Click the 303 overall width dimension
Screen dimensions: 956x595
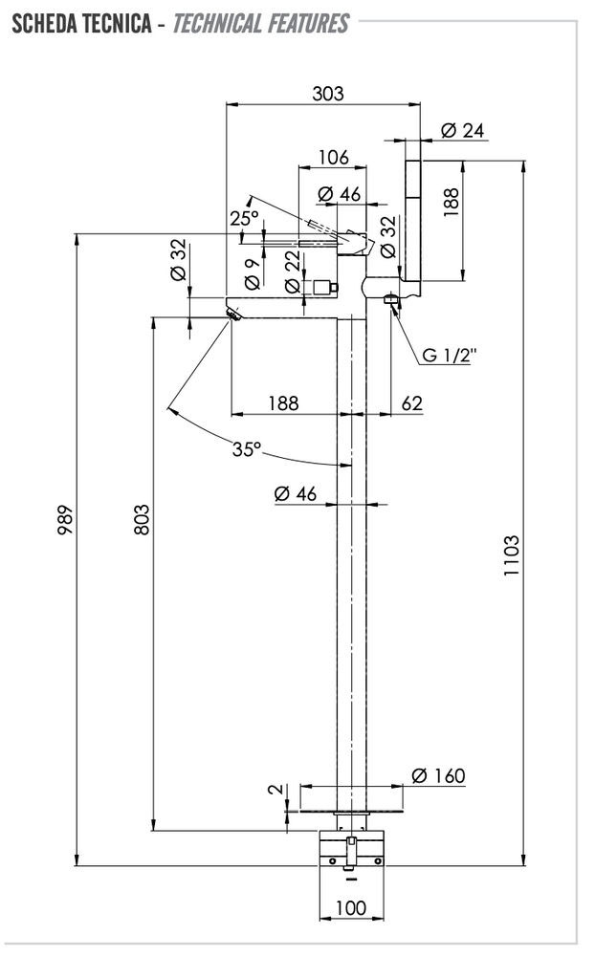[327, 94]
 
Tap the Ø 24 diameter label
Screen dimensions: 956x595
[463, 131]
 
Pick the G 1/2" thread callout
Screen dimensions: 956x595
[449, 355]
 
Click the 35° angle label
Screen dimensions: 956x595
[246, 447]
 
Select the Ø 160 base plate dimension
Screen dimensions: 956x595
[438, 775]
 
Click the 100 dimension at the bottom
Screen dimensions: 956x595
[351, 907]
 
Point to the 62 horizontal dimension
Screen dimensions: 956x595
[411, 403]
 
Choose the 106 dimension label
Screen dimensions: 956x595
[333, 157]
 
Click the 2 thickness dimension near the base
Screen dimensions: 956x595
[275, 790]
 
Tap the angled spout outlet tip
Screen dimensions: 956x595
[231, 314]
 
